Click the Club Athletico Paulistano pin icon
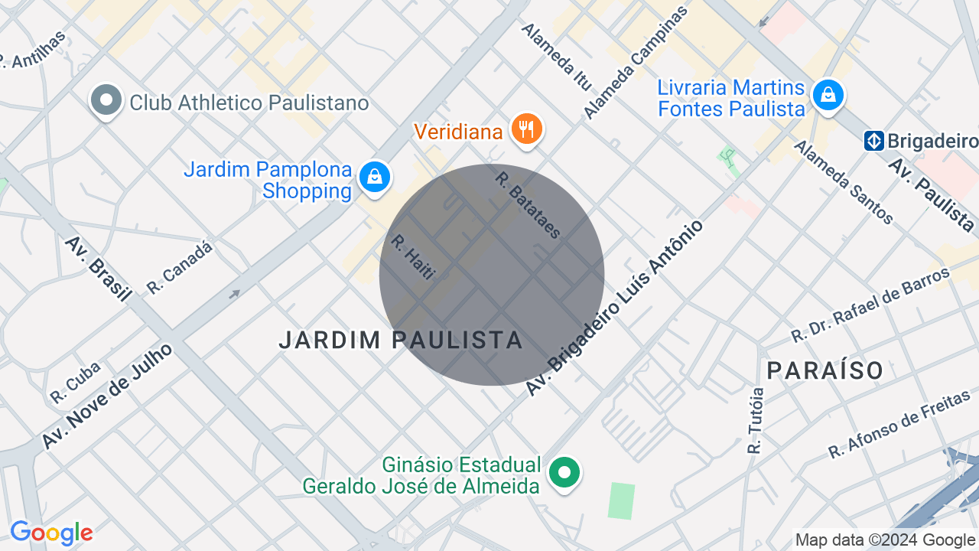pyautogui.click(x=106, y=101)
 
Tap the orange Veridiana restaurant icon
pyautogui.click(x=526, y=129)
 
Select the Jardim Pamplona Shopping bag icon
pyautogui.click(x=375, y=177)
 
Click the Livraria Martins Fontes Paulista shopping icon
pyautogui.click(x=828, y=95)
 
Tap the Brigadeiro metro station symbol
pyautogui.click(x=874, y=141)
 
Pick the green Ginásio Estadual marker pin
pyautogui.click(x=564, y=472)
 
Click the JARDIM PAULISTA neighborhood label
pyautogui.click(x=401, y=340)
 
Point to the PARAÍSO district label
pyautogui.click(x=825, y=370)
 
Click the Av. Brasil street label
pyautogui.click(x=98, y=269)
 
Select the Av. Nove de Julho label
pyautogui.click(x=107, y=396)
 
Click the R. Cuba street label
pyautogui.click(x=76, y=382)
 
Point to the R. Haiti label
pyautogui.click(x=412, y=256)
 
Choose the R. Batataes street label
pyautogui.click(x=529, y=204)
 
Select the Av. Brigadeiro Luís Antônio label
pyautogui.click(x=614, y=308)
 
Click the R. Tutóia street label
pyautogui.click(x=756, y=420)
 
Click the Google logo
pyautogui.click(x=51, y=533)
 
